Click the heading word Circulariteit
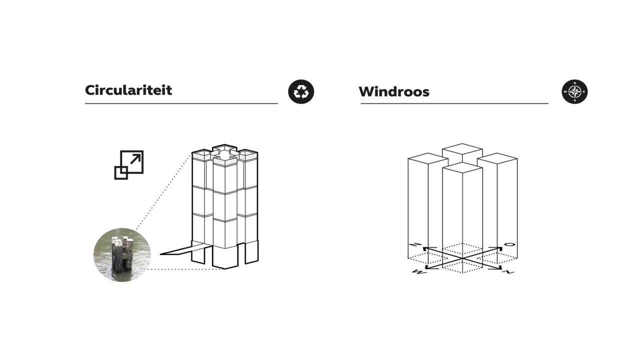[x=128, y=90]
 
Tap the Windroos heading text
[x=393, y=92]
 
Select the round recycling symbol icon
[x=301, y=91]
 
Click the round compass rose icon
[x=574, y=91]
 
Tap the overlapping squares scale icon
[x=128, y=164]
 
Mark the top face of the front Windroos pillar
[x=462, y=168]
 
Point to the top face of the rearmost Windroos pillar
[x=462, y=148]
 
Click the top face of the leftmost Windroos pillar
[x=427, y=158]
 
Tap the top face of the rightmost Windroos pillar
[x=497, y=158]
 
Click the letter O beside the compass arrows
[x=509, y=244]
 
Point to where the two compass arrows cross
[x=462, y=258]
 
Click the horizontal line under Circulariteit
[x=181, y=103]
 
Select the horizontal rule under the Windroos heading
[x=454, y=103]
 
